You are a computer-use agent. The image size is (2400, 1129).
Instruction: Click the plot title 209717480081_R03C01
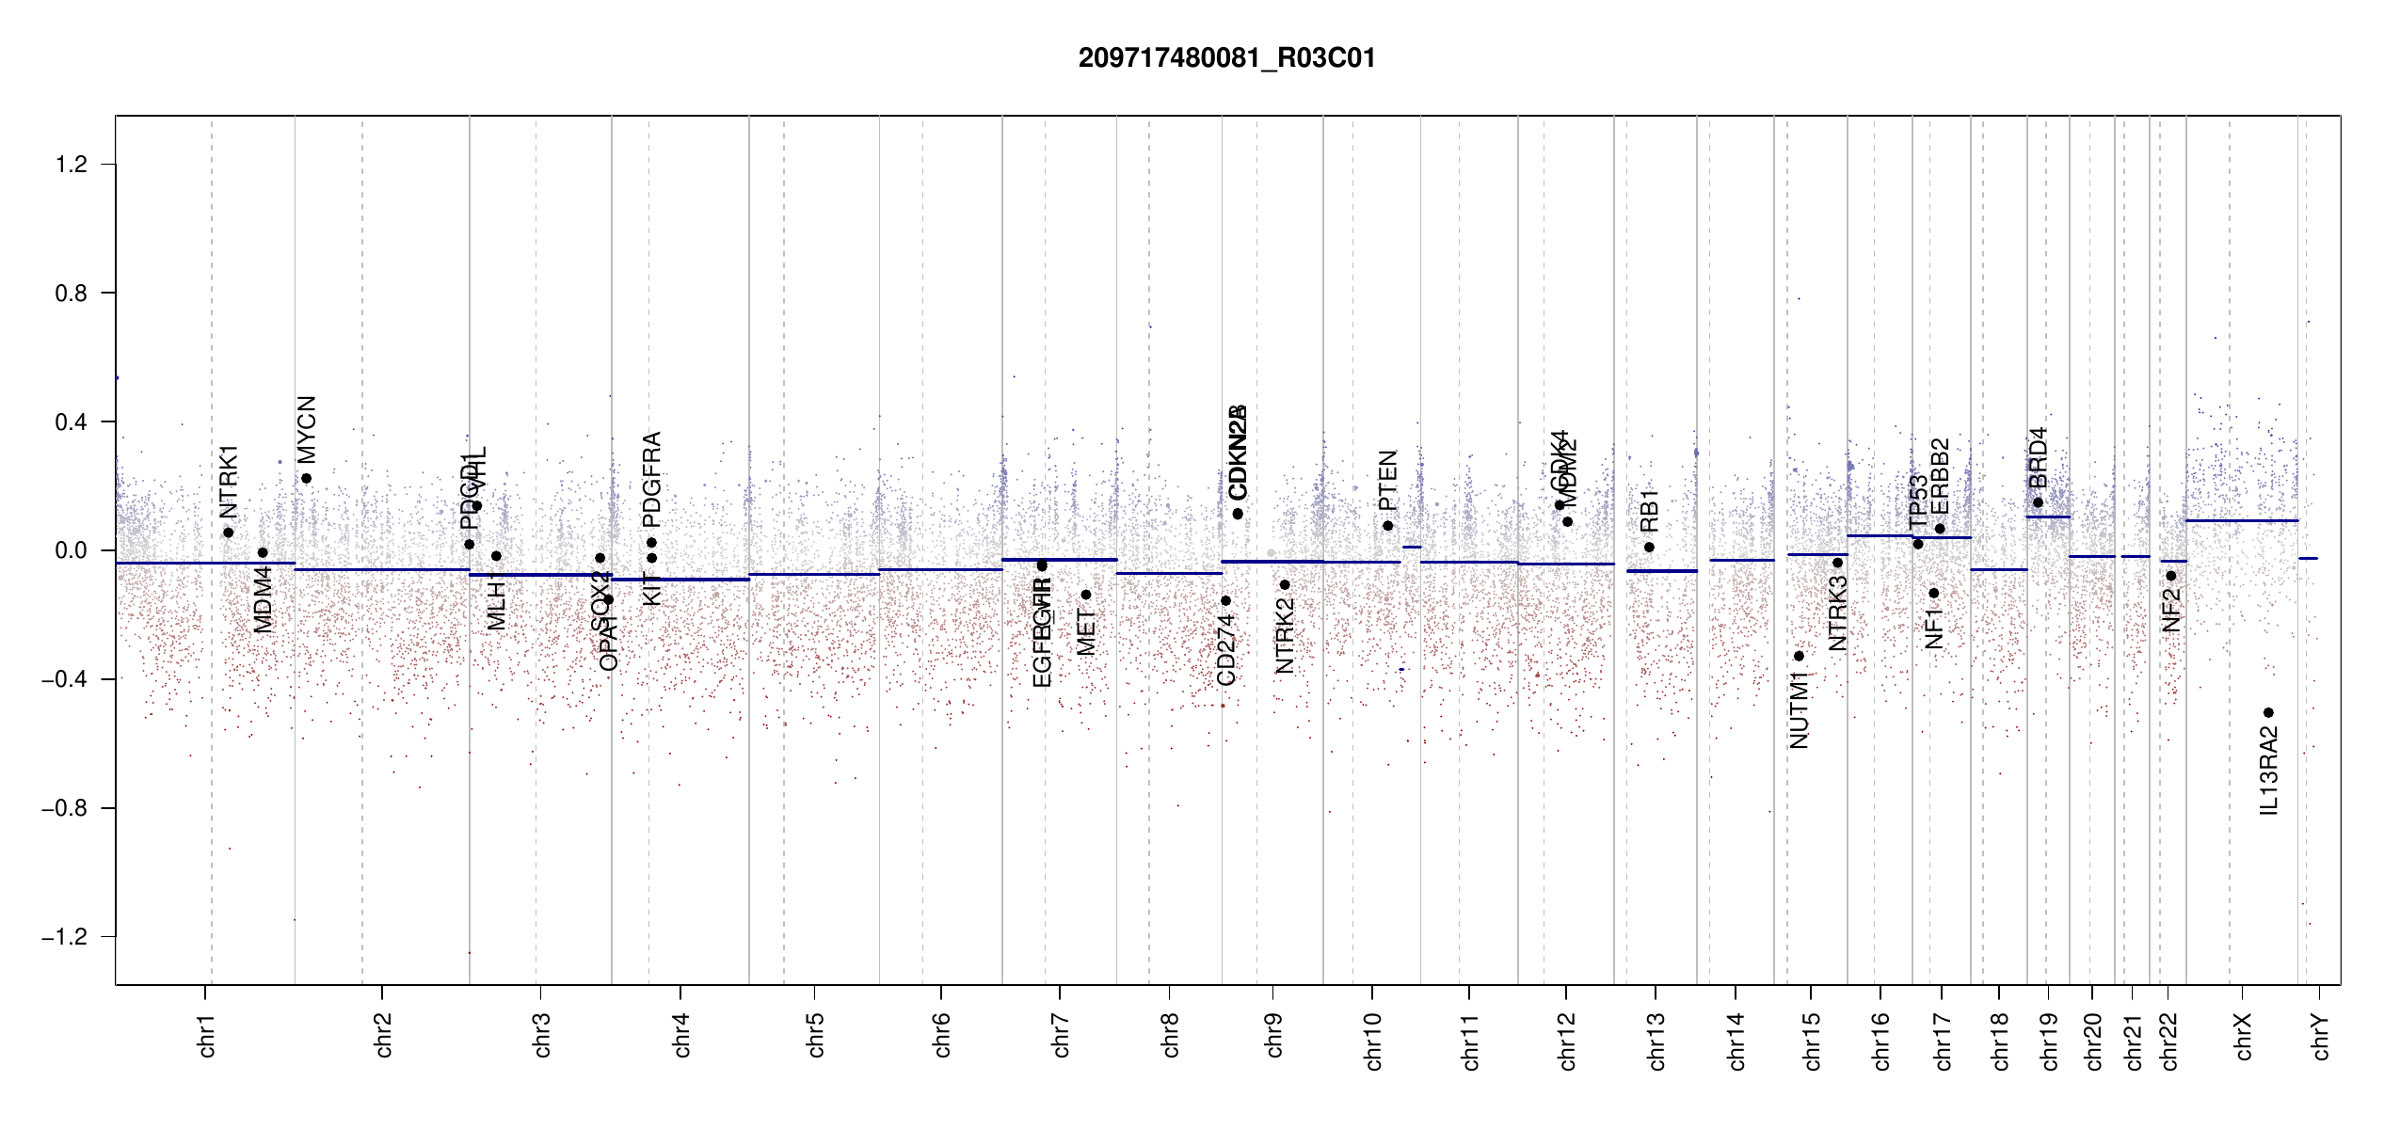click(x=1226, y=58)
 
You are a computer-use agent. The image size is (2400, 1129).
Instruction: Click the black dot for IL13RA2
click(x=2268, y=712)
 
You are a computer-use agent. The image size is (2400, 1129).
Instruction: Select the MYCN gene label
click(x=307, y=429)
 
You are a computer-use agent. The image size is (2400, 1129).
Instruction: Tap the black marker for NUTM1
click(x=1799, y=656)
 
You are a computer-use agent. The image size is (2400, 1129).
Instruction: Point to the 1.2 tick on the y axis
click(x=71, y=165)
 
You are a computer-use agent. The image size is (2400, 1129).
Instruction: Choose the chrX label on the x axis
click(x=2243, y=1036)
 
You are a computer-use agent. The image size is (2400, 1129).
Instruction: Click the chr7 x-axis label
click(x=1061, y=1036)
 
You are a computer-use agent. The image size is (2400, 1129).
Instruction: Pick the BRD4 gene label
click(x=2038, y=457)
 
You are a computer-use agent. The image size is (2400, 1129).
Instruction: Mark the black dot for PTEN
click(x=1387, y=526)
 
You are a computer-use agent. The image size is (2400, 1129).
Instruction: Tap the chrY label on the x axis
click(x=2320, y=1036)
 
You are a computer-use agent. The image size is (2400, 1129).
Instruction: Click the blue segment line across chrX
click(x=2241, y=520)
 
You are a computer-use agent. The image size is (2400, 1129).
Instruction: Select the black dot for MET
click(x=1085, y=595)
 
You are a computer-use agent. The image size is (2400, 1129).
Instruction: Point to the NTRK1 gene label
click(x=229, y=482)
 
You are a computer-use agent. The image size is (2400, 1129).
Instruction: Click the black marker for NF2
click(x=2170, y=576)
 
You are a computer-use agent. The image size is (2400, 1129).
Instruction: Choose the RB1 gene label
click(x=1649, y=511)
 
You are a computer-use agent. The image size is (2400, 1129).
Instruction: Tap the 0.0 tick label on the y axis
click(x=71, y=550)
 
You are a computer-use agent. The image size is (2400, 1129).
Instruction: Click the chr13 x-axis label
click(x=1656, y=1041)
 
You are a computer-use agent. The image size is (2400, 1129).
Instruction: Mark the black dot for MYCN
click(x=306, y=478)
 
